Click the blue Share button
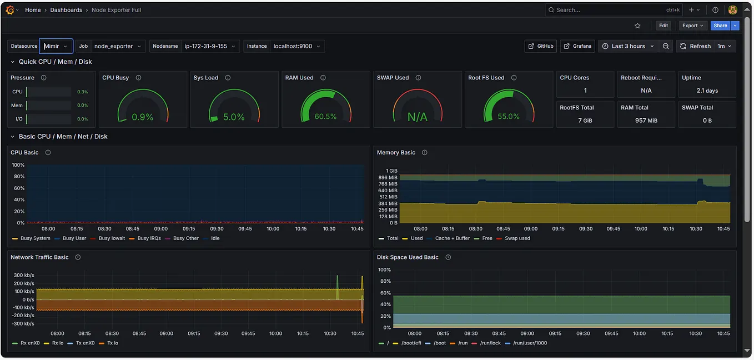(720, 26)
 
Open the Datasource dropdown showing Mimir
(56, 46)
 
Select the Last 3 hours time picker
(629, 46)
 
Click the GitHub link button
(540, 46)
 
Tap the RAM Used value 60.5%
(325, 117)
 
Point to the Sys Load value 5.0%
(234, 117)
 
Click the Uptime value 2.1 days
(707, 91)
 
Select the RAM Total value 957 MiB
(646, 121)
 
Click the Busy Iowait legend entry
(112, 238)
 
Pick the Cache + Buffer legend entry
(452, 238)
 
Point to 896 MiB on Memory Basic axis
(389, 177)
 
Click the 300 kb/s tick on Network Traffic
(24, 276)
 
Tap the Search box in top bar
(605, 10)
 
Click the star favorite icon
(637, 26)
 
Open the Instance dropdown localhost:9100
(296, 46)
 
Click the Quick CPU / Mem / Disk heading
(55, 62)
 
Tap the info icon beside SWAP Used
(418, 78)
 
